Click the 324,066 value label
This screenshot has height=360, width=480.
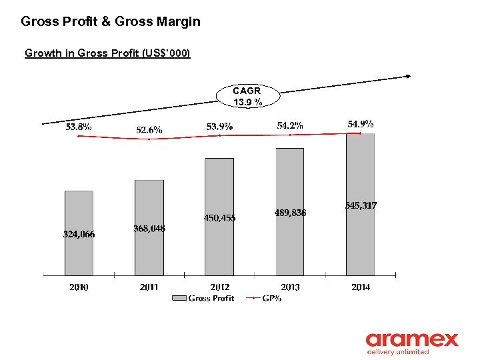pyautogui.click(x=79, y=234)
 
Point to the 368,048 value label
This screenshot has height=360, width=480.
pyautogui.click(x=149, y=229)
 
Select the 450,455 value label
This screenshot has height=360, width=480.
pyautogui.click(x=219, y=217)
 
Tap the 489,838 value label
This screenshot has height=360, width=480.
pyautogui.click(x=290, y=213)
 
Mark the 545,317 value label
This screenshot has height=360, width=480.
pyautogui.click(x=361, y=206)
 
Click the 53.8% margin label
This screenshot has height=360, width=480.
pyautogui.click(x=79, y=127)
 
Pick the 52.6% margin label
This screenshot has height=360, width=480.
pyautogui.click(x=149, y=130)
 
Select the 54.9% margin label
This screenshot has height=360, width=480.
pyautogui.click(x=361, y=124)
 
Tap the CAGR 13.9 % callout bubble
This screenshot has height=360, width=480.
pyautogui.click(x=247, y=96)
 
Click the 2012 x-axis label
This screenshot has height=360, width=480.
pyautogui.click(x=219, y=287)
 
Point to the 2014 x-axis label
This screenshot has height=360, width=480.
pyautogui.click(x=360, y=287)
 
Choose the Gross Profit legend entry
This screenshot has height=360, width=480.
pyautogui.click(x=203, y=299)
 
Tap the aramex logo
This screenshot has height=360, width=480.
pyautogui.click(x=411, y=343)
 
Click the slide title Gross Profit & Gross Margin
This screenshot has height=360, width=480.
pyautogui.click(x=111, y=21)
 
